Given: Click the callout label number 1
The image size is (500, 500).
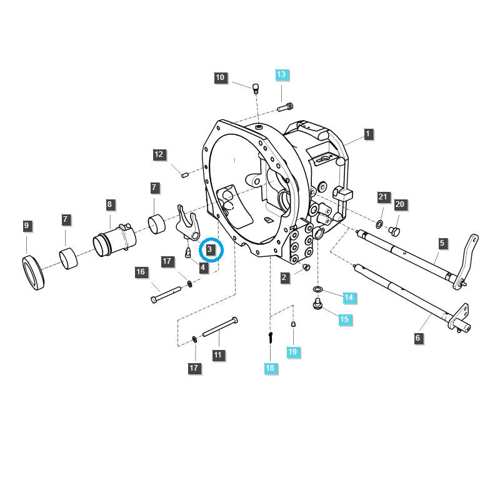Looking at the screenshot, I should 368,134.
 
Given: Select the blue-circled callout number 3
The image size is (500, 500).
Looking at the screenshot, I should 211,249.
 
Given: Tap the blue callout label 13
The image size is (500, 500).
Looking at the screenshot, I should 281,74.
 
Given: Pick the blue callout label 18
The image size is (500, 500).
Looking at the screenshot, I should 270,368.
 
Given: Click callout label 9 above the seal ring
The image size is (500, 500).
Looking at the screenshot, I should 26,225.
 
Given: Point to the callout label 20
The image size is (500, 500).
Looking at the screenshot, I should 400,204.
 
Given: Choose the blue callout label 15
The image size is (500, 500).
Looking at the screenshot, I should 344,319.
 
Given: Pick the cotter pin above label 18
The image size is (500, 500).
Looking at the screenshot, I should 270,337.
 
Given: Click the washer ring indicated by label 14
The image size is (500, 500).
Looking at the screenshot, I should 318,290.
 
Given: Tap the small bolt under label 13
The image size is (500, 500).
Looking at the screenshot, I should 284,107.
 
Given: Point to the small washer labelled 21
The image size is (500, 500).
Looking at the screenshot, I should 380,224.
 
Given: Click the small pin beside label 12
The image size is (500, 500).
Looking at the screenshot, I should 185,174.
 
